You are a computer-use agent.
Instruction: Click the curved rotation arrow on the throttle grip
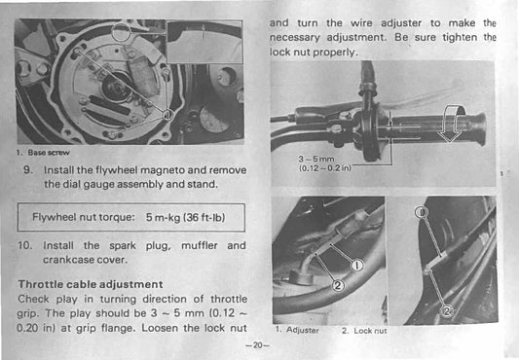[x=447, y=125]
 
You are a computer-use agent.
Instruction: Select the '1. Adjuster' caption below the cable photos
[x=298, y=332]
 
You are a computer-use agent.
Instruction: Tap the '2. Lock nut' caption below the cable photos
[x=363, y=332]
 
